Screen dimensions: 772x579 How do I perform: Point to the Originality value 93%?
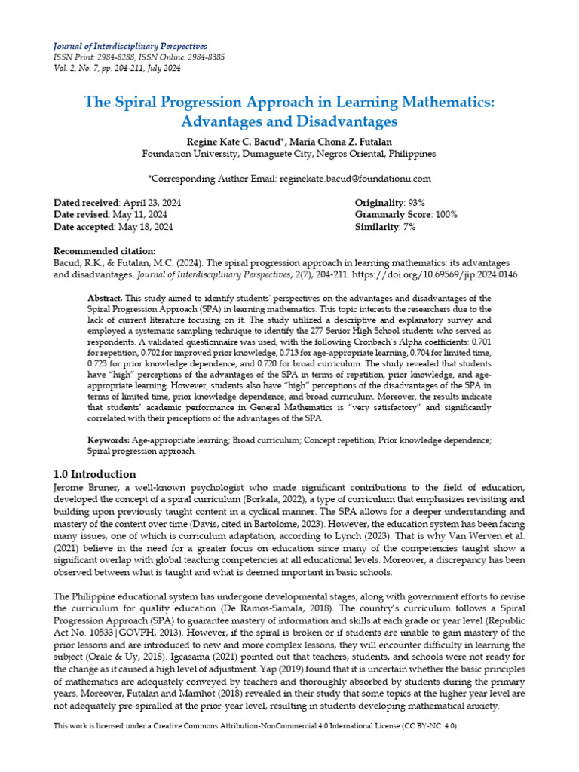pos(416,203)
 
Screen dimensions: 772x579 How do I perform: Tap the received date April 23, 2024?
pos(152,203)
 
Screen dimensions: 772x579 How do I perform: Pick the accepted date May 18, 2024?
pos(145,226)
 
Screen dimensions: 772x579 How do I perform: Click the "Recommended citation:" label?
pos(105,251)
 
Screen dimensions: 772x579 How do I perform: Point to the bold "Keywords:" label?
pos(109,439)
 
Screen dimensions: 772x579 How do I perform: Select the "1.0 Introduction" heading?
pos(95,474)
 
